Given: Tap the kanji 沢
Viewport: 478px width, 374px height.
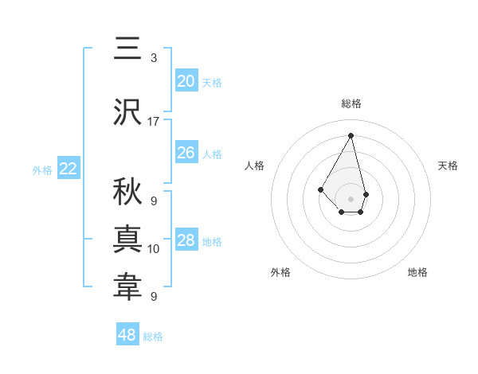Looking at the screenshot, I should [127, 111].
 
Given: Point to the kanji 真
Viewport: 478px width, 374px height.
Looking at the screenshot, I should [127, 238].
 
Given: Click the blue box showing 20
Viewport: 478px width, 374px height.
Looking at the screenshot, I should [186, 80].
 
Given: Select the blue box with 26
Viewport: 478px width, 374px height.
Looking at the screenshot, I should [186, 152].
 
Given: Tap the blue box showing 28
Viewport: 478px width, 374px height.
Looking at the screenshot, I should [186, 240].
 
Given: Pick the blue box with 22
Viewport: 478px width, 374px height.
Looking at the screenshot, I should [69, 169].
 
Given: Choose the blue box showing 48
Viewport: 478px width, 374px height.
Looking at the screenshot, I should [127, 335].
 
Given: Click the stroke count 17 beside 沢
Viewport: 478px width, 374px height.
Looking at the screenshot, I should [154, 122].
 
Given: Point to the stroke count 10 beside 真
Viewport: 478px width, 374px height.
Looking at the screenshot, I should [154, 249].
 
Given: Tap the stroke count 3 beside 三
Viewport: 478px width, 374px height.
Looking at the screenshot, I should [154, 58].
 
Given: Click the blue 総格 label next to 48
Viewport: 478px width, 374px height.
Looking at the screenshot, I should [153, 337].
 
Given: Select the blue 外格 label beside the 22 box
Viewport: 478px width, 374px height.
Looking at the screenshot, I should [42, 169].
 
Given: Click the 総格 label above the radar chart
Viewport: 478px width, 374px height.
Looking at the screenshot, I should [351, 103].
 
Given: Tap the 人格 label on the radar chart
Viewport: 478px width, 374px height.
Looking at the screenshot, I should [254, 166].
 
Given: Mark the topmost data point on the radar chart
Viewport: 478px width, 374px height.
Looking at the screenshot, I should [351, 135].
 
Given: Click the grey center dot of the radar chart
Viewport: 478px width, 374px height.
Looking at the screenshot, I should [351, 198].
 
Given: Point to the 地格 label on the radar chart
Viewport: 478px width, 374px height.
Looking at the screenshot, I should [417, 272].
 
